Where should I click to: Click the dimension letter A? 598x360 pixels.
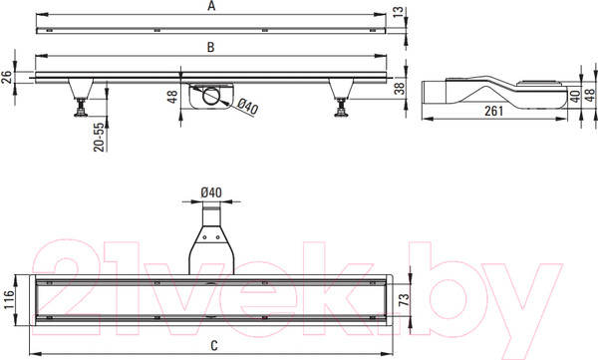point(211,6)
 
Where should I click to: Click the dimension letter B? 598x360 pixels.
point(210,47)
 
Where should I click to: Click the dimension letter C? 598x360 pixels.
point(214,346)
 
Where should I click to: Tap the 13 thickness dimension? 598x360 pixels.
point(398,11)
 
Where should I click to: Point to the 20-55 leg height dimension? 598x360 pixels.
point(99,137)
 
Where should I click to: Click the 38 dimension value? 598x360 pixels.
point(399,88)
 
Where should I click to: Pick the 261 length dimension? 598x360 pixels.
point(494,111)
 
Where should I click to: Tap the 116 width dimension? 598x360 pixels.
point(8,299)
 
